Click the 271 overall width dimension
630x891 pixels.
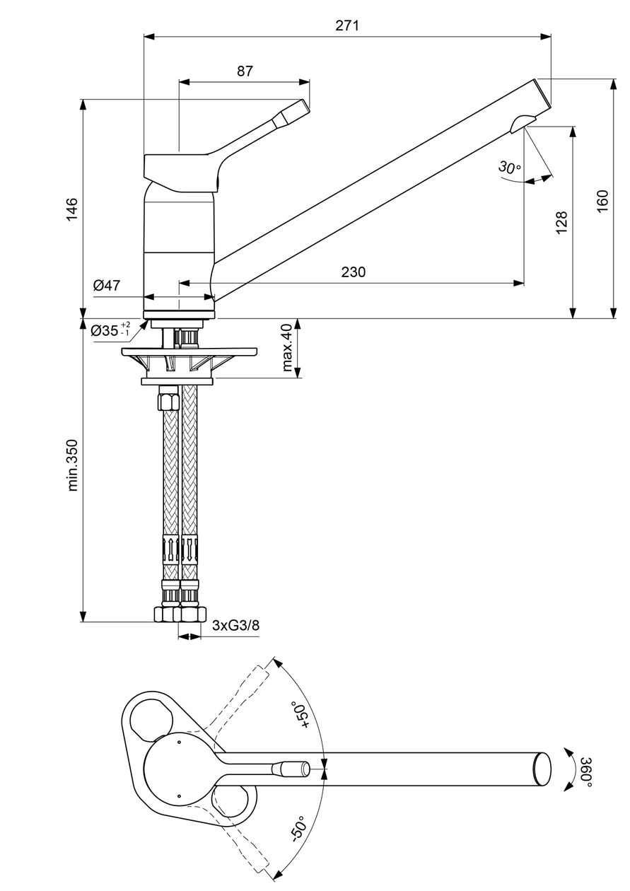(x=346, y=25)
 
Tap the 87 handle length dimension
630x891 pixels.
(x=245, y=71)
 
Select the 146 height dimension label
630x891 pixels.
(x=71, y=209)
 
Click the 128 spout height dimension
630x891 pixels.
(x=561, y=222)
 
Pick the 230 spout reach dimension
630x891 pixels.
(x=354, y=272)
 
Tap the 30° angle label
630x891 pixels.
(x=509, y=167)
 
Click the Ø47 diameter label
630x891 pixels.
(x=107, y=285)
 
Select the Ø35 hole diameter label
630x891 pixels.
(x=110, y=330)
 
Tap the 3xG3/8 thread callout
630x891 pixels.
(x=236, y=626)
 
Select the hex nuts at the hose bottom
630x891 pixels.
(x=180, y=615)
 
